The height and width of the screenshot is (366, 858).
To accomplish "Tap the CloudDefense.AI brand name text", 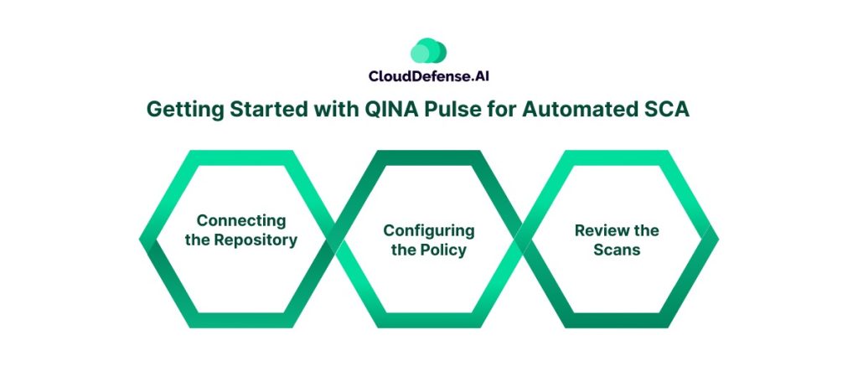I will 428,76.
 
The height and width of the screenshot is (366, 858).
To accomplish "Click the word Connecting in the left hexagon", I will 241,220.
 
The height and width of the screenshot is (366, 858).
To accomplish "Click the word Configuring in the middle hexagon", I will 429,230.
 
